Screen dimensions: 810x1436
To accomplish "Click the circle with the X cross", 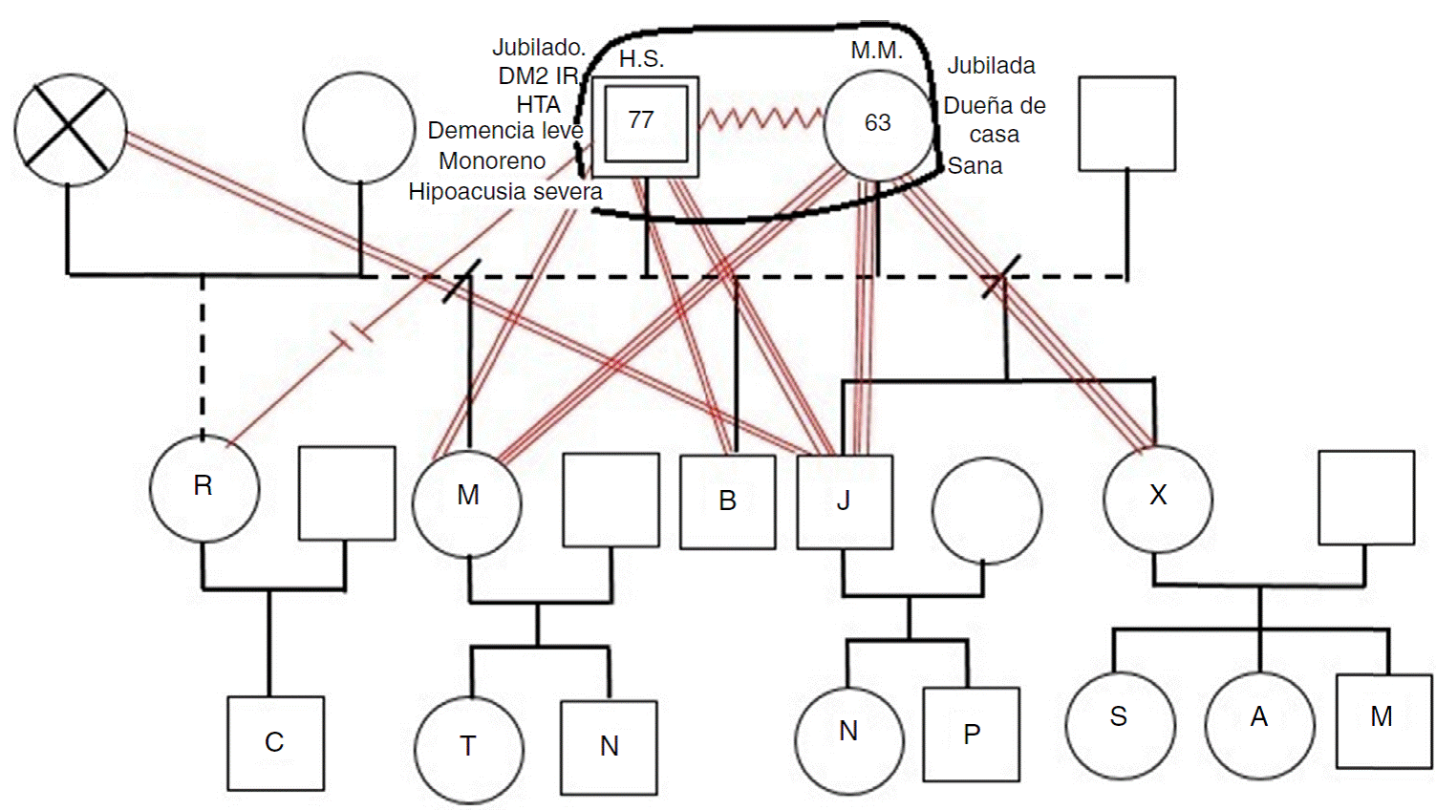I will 70,130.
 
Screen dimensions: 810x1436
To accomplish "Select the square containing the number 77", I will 645,125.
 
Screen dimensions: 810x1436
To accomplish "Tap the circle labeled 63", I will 878,124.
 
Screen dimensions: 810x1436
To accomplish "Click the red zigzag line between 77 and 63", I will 761,119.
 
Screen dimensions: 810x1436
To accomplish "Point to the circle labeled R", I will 204,488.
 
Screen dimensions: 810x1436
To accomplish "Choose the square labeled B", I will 727,501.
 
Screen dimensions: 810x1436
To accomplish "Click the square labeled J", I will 845,501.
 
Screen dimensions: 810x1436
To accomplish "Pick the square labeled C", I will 275,743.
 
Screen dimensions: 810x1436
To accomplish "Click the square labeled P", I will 972,735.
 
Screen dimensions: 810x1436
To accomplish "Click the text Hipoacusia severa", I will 504,192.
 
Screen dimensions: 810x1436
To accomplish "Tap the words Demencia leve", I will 504,131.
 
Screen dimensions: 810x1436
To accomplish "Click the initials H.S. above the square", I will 641,59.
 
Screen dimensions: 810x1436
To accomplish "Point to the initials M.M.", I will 876,51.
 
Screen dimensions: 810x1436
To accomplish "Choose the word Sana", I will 975,166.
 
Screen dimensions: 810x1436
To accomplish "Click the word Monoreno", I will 492,161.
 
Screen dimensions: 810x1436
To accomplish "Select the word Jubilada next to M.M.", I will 991,66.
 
